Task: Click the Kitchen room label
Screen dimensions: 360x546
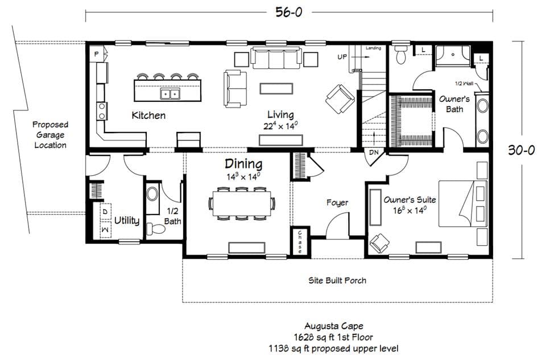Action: (148, 115)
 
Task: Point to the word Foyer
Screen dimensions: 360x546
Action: (337, 202)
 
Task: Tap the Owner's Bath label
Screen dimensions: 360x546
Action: (454, 104)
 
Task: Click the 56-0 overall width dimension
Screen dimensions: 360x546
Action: (289, 11)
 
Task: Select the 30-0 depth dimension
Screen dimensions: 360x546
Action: (522, 150)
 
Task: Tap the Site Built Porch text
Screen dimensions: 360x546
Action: (337, 280)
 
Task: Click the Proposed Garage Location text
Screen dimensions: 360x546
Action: (50, 135)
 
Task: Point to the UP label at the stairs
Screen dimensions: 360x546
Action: (342, 57)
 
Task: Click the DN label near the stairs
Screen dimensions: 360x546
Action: (374, 152)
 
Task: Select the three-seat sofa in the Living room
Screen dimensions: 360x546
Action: (276, 58)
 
